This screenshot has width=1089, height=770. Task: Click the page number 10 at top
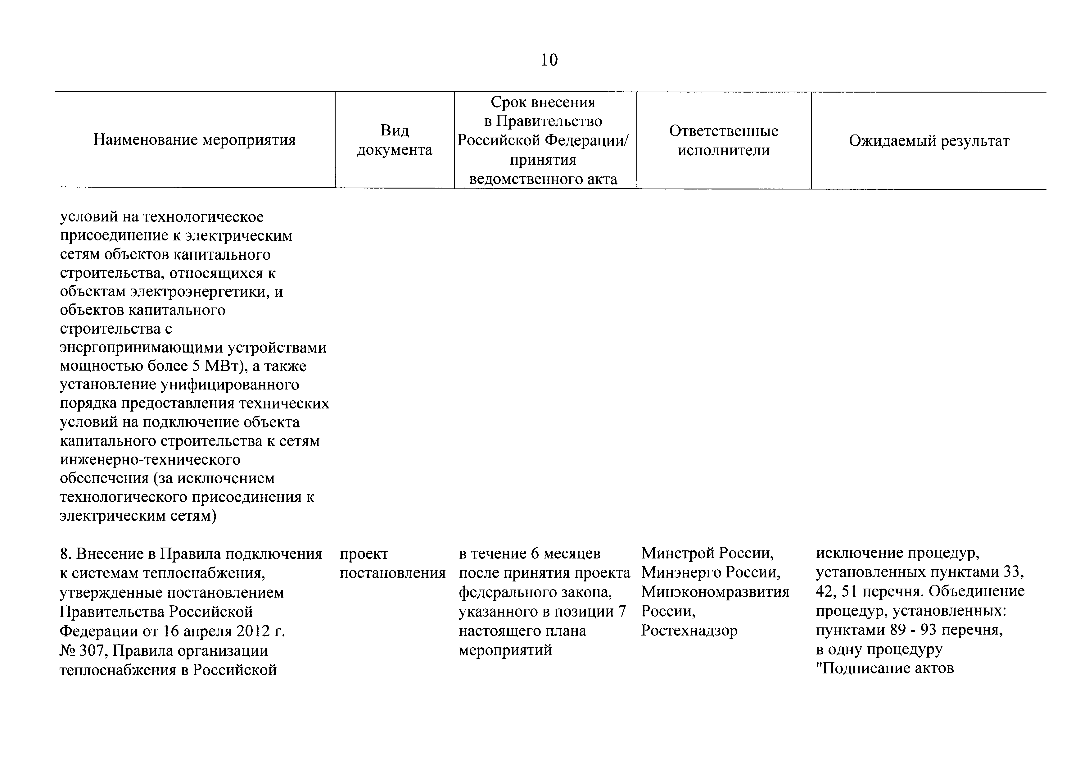pyautogui.click(x=549, y=60)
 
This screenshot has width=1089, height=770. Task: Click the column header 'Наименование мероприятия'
pyautogui.click(x=194, y=140)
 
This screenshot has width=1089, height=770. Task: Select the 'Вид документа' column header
pyautogui.click(x=394, y=140)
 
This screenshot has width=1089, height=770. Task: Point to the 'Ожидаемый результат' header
pyautogui.click(x=929, y=141)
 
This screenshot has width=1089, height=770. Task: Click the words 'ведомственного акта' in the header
pyautogui.click(x=543, y=179)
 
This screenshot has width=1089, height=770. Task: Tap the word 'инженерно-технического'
pyautogui.click(x=150, y=460)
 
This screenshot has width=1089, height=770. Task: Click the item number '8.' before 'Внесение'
pyautogui.click(x=66, y=554)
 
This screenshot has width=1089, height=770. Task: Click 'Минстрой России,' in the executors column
pyautogui.click(x=707, y=553)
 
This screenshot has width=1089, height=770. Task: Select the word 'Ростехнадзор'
pyautogui.click(x=689, y=631)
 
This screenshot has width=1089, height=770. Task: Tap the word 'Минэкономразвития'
pyautogui.click(x=715, y=592)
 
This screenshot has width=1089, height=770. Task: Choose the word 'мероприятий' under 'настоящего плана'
pyautogui.click(x=505, y=650)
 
